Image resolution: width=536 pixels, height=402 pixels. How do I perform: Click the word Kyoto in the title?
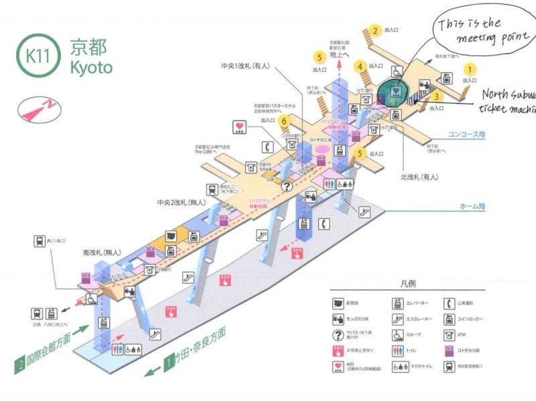click(91, 68)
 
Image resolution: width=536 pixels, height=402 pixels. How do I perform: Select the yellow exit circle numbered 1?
click(471, 68)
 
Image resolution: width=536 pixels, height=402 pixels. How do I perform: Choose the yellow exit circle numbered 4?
click(360, 66)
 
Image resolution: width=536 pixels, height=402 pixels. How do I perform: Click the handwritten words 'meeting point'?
click(476, 40)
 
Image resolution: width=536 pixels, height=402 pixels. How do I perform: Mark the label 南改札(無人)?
click(101, 253)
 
